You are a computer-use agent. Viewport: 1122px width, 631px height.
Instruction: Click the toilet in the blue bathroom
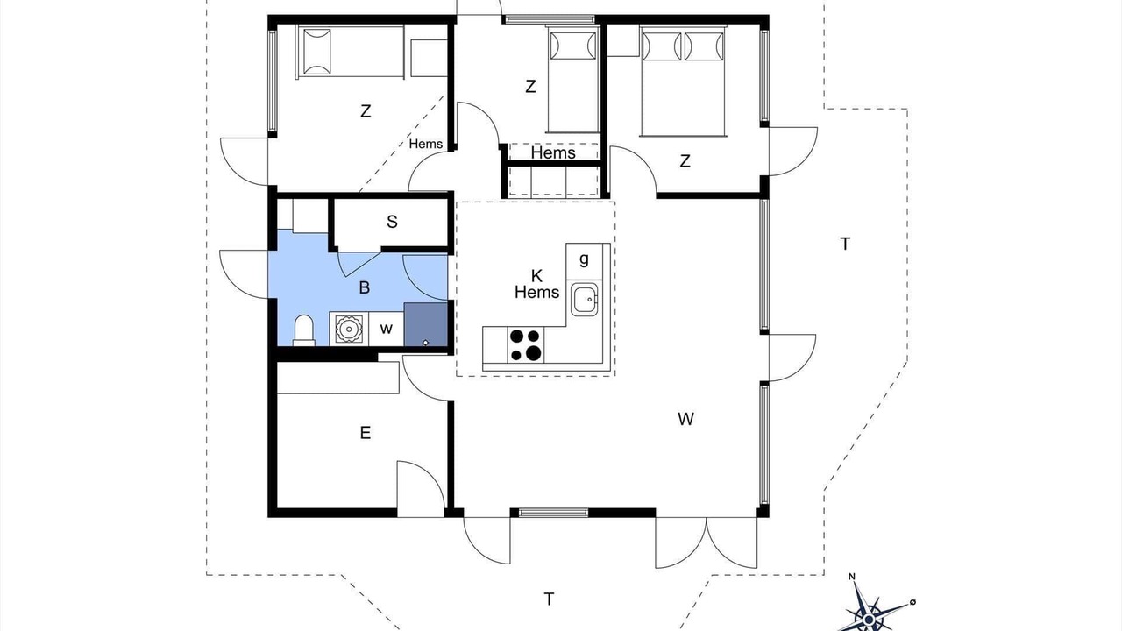tap(303, 330)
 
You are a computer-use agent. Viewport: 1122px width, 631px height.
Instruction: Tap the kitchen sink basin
tap(585, 300)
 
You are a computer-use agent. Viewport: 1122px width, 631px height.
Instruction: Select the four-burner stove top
tap(525, 344)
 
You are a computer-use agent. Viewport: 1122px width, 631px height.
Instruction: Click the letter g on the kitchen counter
tap(584, 260)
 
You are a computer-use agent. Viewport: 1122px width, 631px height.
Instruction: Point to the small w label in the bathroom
tap(386, 329)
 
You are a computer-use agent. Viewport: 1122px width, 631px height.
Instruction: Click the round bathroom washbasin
tap(348, 329)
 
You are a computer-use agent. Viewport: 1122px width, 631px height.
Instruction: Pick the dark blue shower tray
tap(425, 324)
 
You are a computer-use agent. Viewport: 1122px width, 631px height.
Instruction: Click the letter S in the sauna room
tap(392, 222)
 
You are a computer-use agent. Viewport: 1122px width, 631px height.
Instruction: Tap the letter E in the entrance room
tap(366, 433)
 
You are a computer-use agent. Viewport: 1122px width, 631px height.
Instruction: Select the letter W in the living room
tap(685, 419)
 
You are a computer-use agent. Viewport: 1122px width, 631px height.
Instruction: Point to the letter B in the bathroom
tap(365, 287)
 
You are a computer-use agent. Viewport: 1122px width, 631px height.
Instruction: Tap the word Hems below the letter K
tap(537, 292)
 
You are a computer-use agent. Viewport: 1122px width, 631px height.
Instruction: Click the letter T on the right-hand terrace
tap(845, 244)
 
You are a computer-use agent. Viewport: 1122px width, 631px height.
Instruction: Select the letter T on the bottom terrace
tap(549, 599)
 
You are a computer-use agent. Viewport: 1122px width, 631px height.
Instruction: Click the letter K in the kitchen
tap(536, 276)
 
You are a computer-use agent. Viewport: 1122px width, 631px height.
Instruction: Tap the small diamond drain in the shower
tap(426, 343)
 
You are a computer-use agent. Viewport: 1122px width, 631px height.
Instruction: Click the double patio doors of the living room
tap(707, 543)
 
